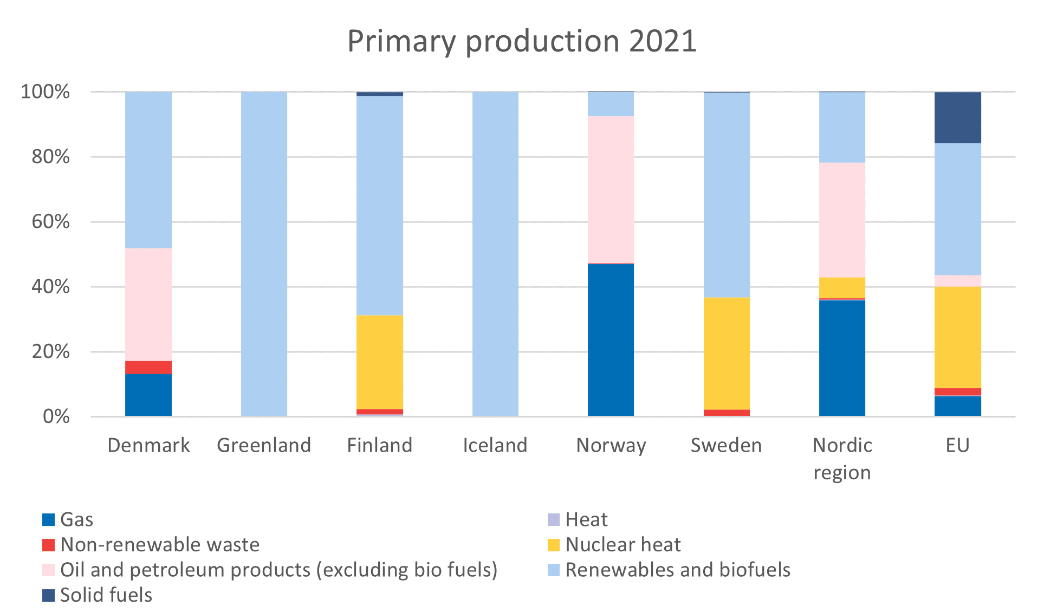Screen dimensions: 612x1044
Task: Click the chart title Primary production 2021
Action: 521,41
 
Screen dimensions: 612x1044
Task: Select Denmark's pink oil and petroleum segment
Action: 148,304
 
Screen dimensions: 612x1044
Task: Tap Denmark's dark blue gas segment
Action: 148,395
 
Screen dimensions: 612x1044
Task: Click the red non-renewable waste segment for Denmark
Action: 148,367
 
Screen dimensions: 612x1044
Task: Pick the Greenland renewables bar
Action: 264,253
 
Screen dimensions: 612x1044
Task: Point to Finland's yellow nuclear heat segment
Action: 379,362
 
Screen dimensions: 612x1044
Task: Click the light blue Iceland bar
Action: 495,253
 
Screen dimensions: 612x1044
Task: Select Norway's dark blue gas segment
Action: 611,340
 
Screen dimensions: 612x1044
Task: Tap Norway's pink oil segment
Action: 611,190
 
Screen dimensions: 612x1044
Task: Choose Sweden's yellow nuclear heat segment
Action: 727,353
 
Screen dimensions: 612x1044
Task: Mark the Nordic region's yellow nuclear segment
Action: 842,288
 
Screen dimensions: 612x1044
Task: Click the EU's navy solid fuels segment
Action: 957,118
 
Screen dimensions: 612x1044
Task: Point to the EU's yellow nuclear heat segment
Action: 957,337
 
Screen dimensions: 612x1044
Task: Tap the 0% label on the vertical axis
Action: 56,416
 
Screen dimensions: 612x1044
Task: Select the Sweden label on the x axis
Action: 726,445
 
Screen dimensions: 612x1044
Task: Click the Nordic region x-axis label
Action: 842,458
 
